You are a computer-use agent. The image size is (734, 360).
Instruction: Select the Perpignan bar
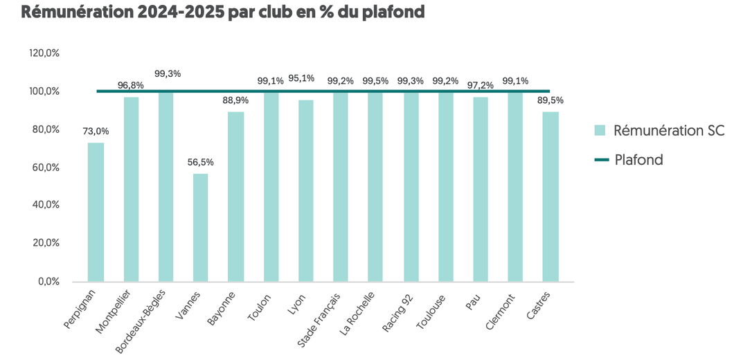tap(96, 212)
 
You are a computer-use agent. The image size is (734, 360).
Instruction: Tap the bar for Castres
tap(550, 197)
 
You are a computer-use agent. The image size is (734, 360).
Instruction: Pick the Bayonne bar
tap(235, 197)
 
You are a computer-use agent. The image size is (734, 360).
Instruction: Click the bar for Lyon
tap(305, 190)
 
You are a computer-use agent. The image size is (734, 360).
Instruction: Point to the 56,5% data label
tap(200, 163)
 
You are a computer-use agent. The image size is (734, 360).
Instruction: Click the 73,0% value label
tap(96, 132)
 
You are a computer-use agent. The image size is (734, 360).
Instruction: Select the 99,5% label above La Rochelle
tap(375, 81)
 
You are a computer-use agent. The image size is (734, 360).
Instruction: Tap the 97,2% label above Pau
tap(481, 84)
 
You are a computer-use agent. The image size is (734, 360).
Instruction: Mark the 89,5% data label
tap(550, 100)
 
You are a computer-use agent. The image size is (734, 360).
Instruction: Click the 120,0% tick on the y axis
tap(44, 54)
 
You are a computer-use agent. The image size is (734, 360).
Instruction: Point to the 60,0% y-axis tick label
tap(44, 168)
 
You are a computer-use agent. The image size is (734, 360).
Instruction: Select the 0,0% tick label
tap(47, 281)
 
